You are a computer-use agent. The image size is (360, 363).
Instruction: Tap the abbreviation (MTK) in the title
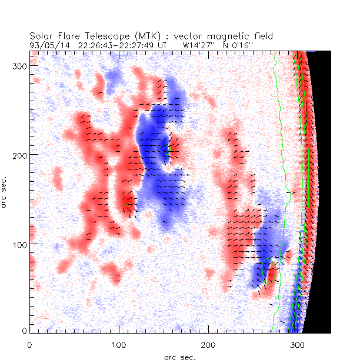pos(132,36)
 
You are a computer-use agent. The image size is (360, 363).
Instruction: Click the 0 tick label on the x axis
pos(29,344)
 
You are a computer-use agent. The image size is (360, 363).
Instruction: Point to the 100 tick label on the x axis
pos(119,344)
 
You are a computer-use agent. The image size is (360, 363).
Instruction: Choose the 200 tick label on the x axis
pos(208,344)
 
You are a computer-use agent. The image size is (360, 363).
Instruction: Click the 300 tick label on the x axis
pos(296,344)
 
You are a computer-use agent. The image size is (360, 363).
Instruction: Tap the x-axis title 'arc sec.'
pos(180,356)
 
